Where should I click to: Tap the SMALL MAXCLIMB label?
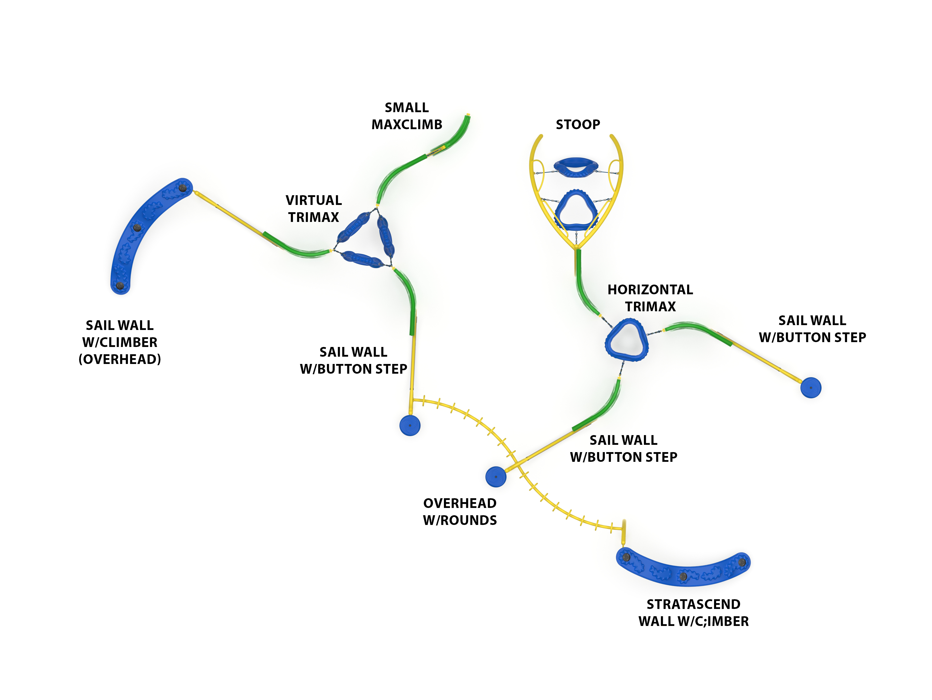407,116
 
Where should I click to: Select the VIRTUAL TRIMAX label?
314,209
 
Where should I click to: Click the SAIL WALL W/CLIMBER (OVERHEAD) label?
120,342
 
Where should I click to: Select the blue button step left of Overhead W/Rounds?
496,477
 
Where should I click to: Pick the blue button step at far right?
811,387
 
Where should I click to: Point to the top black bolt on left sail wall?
183,187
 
